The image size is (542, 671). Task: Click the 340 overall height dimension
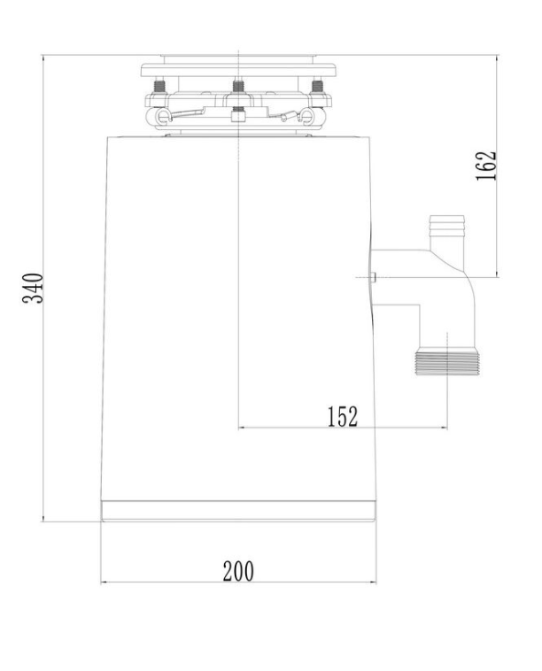[33, 288]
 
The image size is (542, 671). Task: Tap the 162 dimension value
[486, 166]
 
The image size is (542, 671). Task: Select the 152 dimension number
[343, 416]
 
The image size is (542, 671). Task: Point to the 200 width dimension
[238, 571]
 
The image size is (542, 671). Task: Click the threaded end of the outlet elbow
[447, 364]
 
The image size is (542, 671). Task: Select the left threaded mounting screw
[159, 87]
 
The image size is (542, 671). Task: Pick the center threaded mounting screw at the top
[238, 87]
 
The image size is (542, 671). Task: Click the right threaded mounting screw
[317, 87]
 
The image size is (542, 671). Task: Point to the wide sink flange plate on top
[238, 70]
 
